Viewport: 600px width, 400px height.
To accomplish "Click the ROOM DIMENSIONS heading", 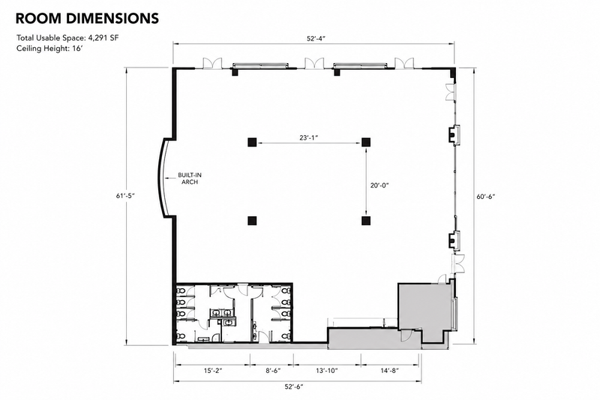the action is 87,18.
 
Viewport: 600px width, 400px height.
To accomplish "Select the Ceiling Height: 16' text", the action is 49,49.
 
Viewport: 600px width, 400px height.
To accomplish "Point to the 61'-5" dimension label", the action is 126,196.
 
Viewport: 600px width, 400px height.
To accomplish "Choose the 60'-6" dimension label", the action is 485,197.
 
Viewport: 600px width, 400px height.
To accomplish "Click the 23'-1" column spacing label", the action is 309,137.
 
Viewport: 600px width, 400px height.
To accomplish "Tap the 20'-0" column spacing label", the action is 379,185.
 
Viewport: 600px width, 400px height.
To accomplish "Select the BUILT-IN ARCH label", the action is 190,179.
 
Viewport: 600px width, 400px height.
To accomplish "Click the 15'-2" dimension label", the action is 213,371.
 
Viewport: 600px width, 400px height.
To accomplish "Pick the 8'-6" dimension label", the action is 273,371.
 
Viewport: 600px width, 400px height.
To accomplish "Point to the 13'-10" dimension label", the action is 327,371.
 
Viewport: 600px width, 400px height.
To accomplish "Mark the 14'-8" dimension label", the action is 389,371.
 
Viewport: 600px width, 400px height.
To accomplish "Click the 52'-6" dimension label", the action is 294,386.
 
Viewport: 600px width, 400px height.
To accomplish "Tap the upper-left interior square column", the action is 251,143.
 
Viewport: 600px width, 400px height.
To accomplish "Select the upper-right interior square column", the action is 366,143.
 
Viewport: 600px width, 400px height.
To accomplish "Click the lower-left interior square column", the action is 252,221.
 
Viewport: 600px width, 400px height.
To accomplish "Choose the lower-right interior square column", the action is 366,221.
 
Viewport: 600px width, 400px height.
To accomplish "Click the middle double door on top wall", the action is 314,63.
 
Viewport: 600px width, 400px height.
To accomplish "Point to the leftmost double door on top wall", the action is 212,63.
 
